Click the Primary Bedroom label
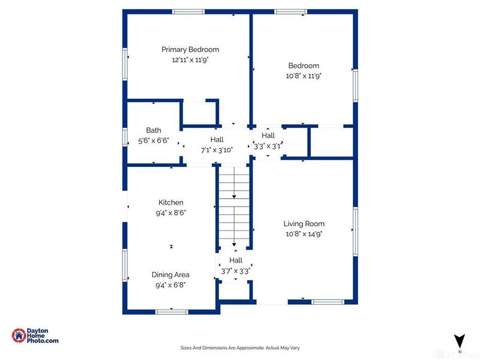[x=190, y=50]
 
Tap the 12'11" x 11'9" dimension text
[x=190, y=59]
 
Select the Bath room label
[x=154, y=130]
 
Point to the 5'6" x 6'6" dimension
[x=154, y=141]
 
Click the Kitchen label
[x=171, y=202]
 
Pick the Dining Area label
[x=170, y=275]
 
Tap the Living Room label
[x=304, y=224]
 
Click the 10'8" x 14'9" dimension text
[x=304, y=234]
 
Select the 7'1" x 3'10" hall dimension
[x=217, y=151]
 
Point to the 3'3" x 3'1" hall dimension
[x=268, y=146]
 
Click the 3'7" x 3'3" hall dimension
[x=236, y=271]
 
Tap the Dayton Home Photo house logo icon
[x=19, y=335]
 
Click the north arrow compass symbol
[x=460, y=341]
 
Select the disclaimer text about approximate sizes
[x=240, y=348]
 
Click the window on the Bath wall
[x=125, y=137]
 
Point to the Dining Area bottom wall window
[x=172, y=312]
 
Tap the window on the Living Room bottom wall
[x=328, y=302]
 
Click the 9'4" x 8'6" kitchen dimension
[x=171, y=213]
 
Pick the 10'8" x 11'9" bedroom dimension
[x=304, y=76]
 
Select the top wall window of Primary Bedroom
[x=188, y=12]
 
